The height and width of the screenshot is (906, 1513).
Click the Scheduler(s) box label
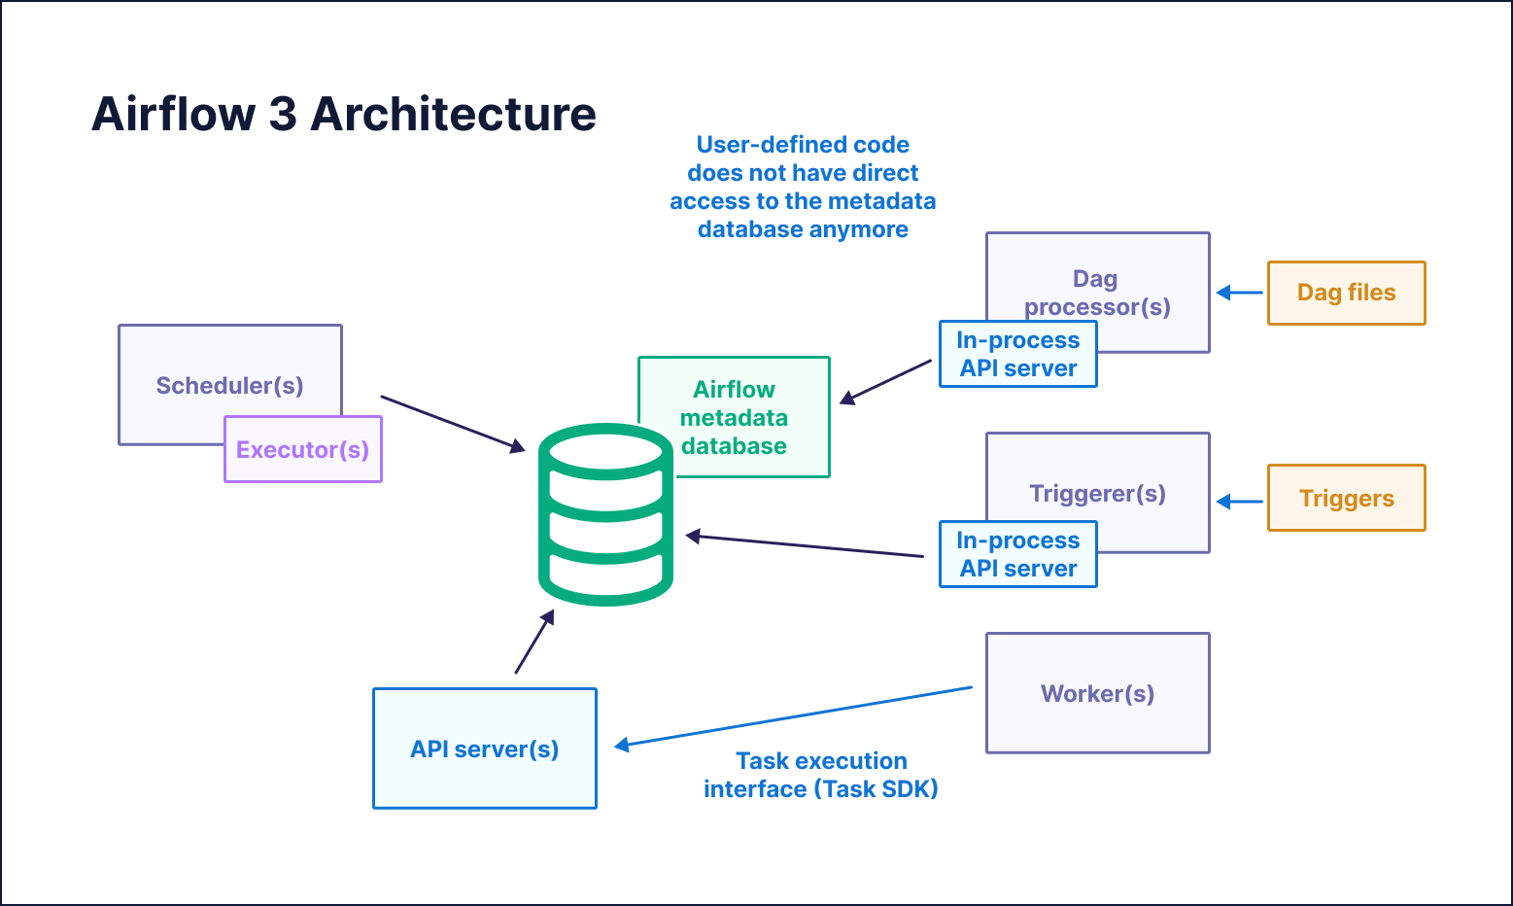click(229, 386)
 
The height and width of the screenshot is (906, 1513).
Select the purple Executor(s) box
click(303, 450)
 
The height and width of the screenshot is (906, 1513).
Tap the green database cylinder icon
click(605, 514)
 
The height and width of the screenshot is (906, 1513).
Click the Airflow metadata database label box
click(735, 417)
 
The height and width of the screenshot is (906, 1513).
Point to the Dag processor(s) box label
click(1097, 292)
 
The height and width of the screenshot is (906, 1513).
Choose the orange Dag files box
click(1346, 293)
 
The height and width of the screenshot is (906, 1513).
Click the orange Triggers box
click(1346, 499)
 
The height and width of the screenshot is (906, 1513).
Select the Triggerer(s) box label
click(1097, 493)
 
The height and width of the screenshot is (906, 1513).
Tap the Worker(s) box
click(1097, 693)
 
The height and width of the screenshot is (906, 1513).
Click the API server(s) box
click(484, 749)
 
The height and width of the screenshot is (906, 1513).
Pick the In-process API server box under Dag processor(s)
click(1017, 355)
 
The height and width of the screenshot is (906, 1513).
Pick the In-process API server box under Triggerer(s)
click(1017, 554)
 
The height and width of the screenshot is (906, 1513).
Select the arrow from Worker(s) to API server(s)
click(792, 717)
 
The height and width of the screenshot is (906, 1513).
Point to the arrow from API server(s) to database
click(533, 643)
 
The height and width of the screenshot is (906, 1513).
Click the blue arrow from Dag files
click(1240, 293)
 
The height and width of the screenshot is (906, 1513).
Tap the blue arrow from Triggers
click(1240, 502)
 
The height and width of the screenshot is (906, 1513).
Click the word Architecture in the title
click(453, 115)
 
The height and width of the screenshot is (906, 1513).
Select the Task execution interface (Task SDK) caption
click(821, 775)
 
